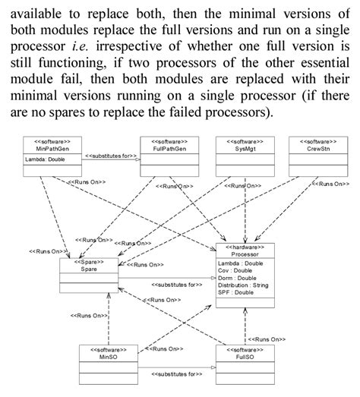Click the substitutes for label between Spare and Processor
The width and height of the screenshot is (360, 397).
coord(176,284)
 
